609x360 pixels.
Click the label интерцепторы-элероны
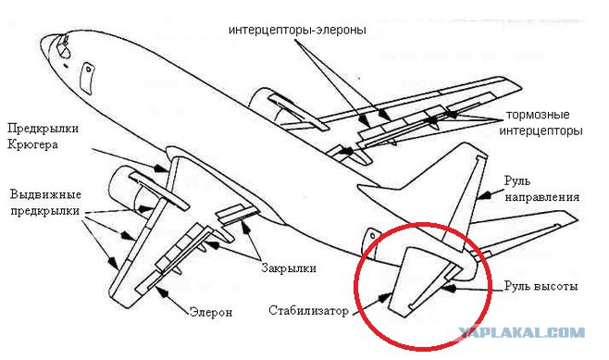click(x=297, y=31)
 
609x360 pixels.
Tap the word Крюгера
click(x=33, y=145)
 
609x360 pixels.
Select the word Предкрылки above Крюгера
click(x=43, y=129)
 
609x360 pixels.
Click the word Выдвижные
click(x=46, y=194)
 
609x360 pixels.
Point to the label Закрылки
click(x=289, y=268)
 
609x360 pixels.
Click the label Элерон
click(x=211, y=312)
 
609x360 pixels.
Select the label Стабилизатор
click(x=308, y=311)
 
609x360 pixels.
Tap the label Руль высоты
click(x=541, y=286)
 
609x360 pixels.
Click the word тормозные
click(x=538, y=115)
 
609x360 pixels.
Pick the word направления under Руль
click(x=542, y=197)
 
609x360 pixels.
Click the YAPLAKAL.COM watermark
click(x=522, y=333)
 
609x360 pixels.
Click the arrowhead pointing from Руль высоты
click(x=449, y=288)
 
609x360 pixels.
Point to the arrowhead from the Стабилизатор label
click(x=384, y=298)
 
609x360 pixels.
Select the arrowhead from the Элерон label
click(x=161, y=292)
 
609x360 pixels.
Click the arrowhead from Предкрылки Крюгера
click(x=159, y=168)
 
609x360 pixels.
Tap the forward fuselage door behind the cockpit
click(x=87, y=79)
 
